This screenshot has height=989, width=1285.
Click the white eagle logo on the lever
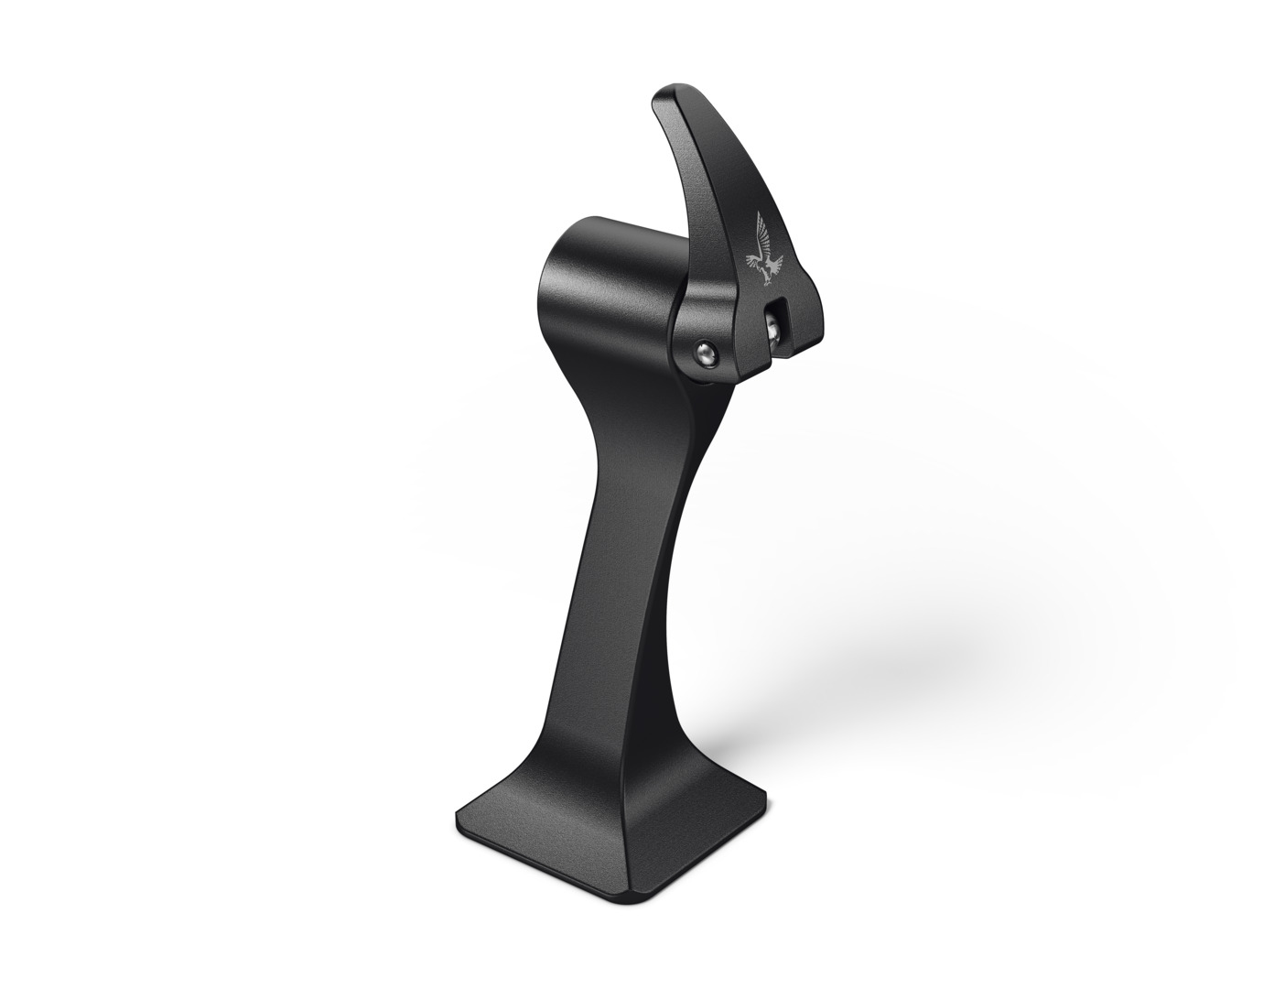click(x=765, y=249)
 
